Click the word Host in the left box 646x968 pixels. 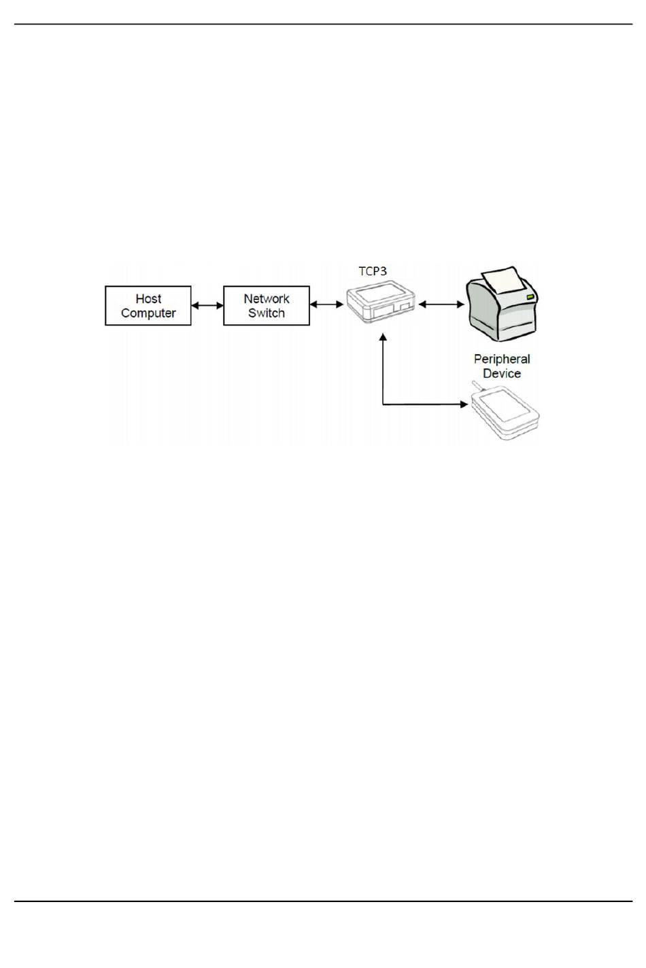click(x=148, y=298)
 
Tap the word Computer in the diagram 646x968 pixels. click(x=148, y=313)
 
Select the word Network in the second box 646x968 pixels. click(x=267, y=298)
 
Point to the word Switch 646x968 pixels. click(x=267, y=313)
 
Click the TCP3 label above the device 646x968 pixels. click(x=373, y=271)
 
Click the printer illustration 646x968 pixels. click(x=502, y=305)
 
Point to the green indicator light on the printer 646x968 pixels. click(x=530, y=297)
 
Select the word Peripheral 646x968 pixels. click(x=502, y=359)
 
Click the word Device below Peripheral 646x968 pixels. click(x=502, y=373)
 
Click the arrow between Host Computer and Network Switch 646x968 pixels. click(x=207, y=305)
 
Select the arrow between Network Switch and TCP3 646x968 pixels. click(x=327, y=305)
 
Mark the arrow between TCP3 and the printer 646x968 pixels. click(x=441, y=305)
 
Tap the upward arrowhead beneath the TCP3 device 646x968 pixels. click(x=383, y=336)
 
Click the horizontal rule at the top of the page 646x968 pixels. click(x=323, y=24)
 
